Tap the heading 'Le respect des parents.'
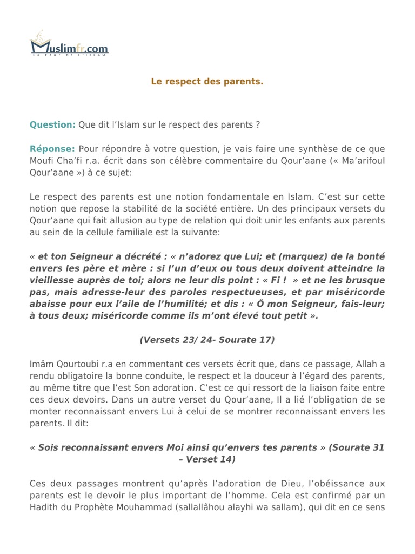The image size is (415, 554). pyautogui.click(x=207, y=82)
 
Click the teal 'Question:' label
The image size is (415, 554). pyautogui.click(x=52, y=125)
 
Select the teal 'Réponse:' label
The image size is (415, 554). pyautogui.click(x=52, y=149)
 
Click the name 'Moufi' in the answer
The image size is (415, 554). pyautogui.click(x=43, y=161)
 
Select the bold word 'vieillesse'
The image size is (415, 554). pyautogui.click(x=53, y=280)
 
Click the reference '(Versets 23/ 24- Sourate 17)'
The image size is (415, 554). pyautogui.click(x=207, y=340)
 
